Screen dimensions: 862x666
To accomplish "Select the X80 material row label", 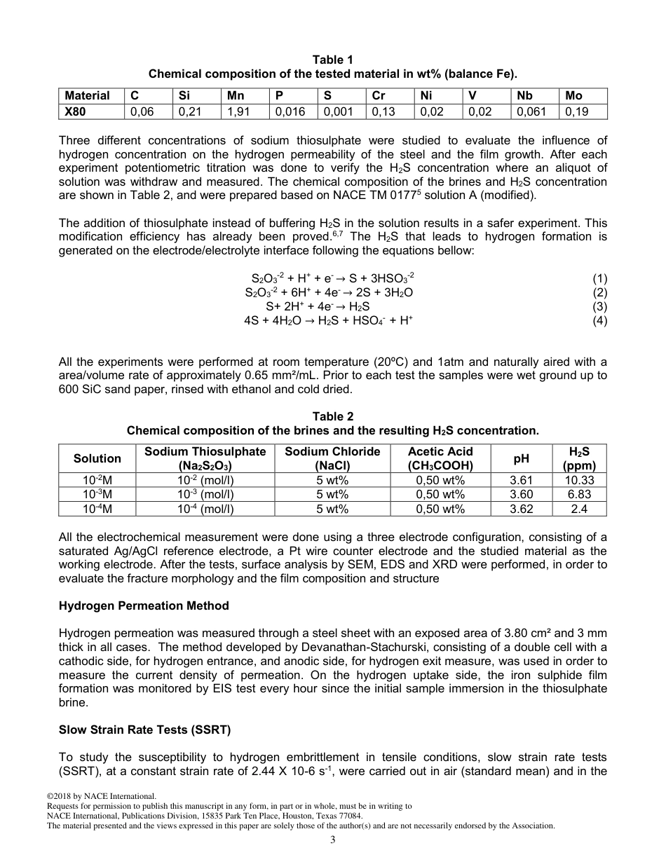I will (x=76, y=111).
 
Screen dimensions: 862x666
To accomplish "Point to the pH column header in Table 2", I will (x=521, y=458).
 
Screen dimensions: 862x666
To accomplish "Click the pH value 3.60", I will (x=521, y=495).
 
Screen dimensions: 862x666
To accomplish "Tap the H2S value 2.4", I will (x=579, y=509).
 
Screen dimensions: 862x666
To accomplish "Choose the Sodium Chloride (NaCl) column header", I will (x=332, y=458).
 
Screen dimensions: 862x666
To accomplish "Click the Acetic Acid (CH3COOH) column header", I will (x=440, y=458).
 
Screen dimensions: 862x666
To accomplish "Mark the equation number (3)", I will (x=599, y=306).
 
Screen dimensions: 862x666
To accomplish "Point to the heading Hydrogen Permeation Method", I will (x=144, y=606).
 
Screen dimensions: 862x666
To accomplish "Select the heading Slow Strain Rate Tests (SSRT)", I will (x=145, y=730).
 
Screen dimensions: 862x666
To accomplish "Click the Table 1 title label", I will (x=332, y=60).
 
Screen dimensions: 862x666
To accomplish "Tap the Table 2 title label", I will (x=332, y=416).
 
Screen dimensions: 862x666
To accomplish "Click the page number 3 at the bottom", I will (x=333, y=841).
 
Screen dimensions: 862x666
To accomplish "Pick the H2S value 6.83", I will (x=579, y=495).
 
